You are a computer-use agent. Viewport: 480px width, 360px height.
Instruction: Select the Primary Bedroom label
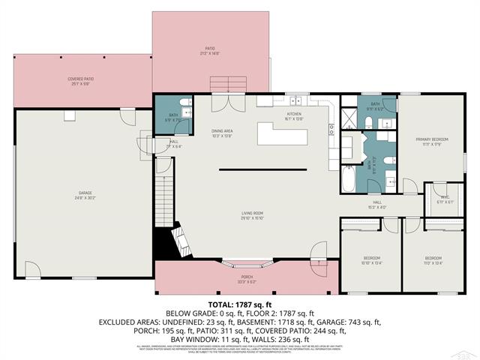pyautogui.click(x=433, y=142)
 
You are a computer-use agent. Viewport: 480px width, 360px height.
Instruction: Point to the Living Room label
pyautogui.click(x=251, y=217)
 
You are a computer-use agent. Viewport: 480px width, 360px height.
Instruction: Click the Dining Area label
pyautogui.click(x=222, y=133)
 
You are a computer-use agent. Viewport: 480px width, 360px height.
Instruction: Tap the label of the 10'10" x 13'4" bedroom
pyautogui.click(x=371, y=260)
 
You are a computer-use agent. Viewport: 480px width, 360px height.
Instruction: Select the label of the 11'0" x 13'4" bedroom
pyautogui.click(x=433, y=260)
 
